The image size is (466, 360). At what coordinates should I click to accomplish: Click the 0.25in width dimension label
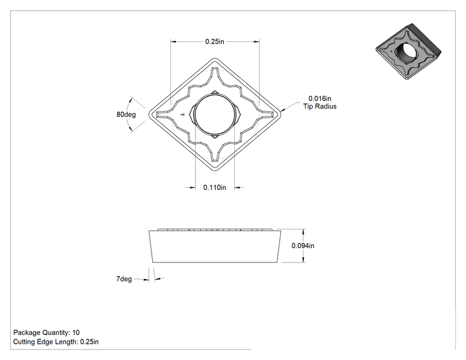point(214,41)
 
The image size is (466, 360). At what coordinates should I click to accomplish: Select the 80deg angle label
point(126,115)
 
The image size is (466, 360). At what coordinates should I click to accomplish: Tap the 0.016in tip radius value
point(319,98)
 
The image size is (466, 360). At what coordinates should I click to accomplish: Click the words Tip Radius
point(320,106)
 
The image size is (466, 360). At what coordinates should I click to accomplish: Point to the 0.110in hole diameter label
point(215,187)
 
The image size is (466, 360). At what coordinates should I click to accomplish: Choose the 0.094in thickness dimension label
point(303,245)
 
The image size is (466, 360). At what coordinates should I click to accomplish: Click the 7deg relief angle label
point(124,279)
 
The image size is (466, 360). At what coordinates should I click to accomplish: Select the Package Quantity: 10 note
point(46,332)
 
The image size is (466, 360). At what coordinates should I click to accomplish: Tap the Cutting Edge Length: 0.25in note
point(56,342)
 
